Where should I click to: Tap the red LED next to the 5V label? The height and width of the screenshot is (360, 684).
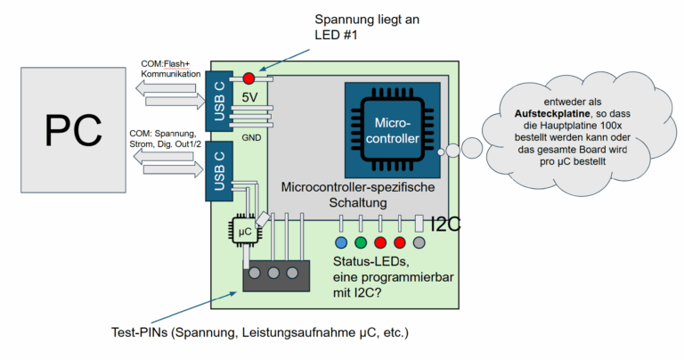tap(248, 78)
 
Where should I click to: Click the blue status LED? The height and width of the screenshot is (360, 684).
tap(340, 242)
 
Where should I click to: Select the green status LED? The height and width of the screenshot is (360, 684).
tap(360, 242)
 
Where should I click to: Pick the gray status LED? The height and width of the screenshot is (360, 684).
tap(419, 242)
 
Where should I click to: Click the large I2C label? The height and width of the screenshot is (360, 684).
tap(445, 225)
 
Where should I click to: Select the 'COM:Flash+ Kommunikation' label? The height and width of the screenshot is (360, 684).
tap(173, 70)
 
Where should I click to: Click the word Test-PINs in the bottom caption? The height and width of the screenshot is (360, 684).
tap(140, 332)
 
